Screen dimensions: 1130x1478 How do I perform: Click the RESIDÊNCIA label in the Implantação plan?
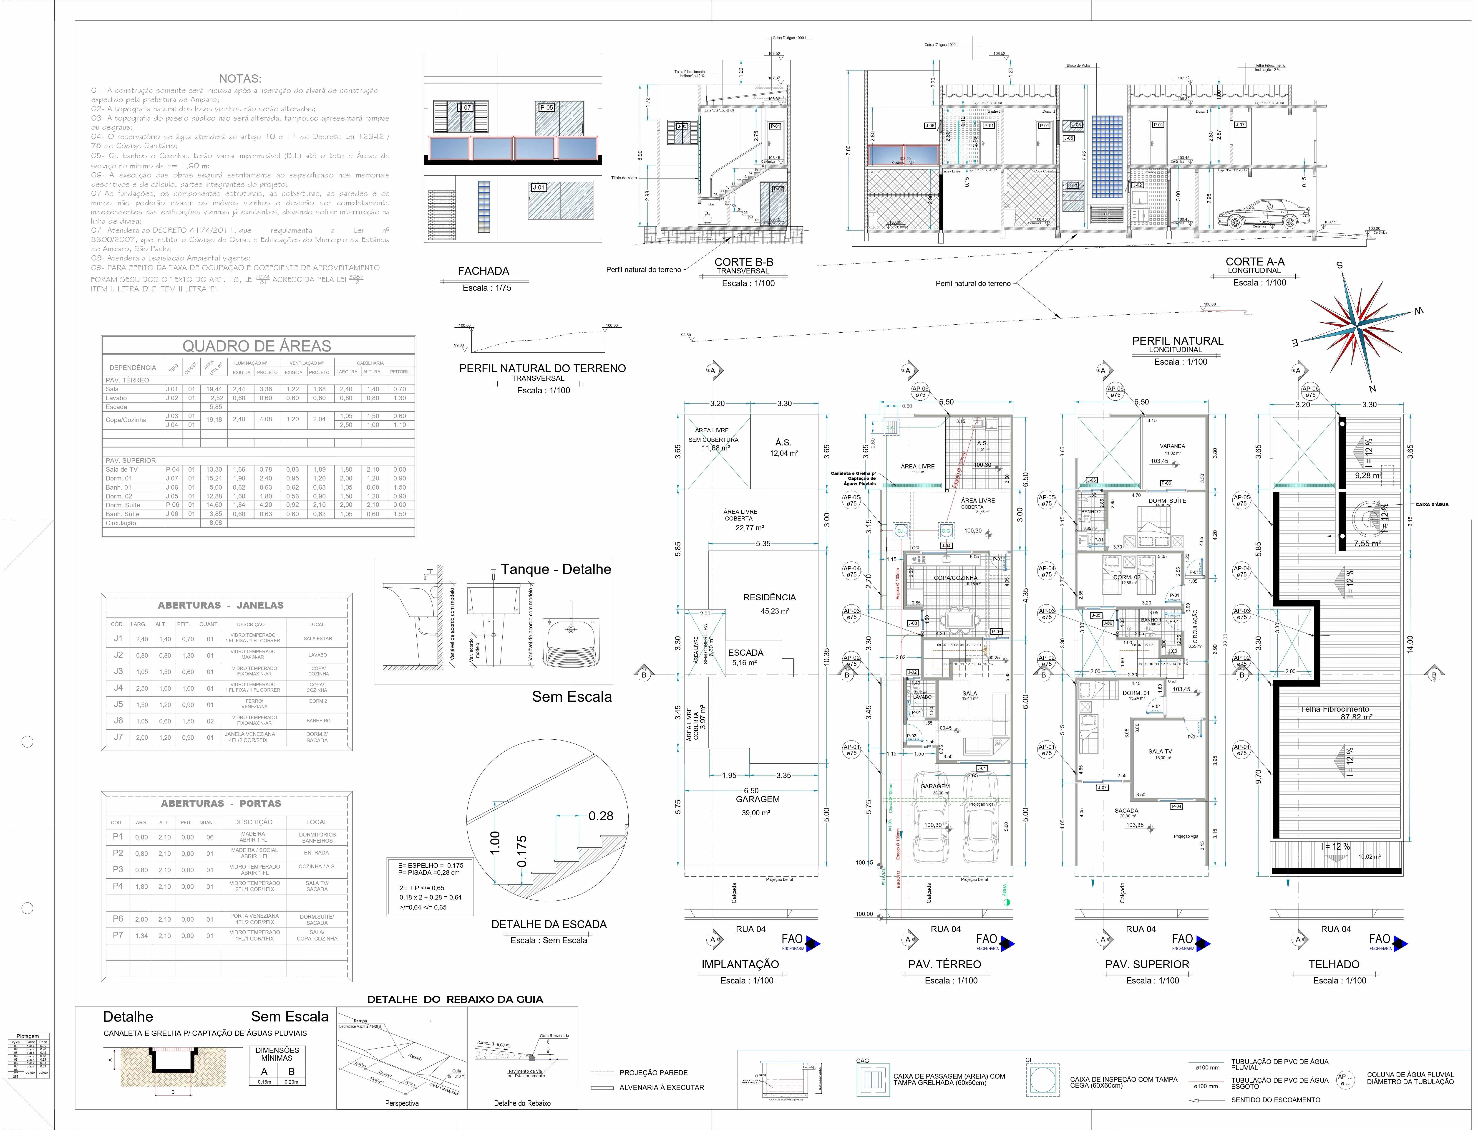pyautogui.click(x=769, y=597)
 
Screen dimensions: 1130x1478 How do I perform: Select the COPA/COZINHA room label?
pyautogui.click(x=955, y=578)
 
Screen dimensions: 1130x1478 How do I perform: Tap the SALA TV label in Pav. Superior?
pyautogui.click(x=1160, y=751)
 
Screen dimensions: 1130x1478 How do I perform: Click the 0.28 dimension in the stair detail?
pyautogui.click(x=600, y=816)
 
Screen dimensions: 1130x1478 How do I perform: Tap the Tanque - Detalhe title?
pyautogui.click(x=555, y=569)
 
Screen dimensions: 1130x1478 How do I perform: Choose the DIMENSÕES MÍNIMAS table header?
pyautogui.click(x=278, y=1053)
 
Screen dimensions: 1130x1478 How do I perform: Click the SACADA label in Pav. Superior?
pyautogui.click(x=1126, y=811)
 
